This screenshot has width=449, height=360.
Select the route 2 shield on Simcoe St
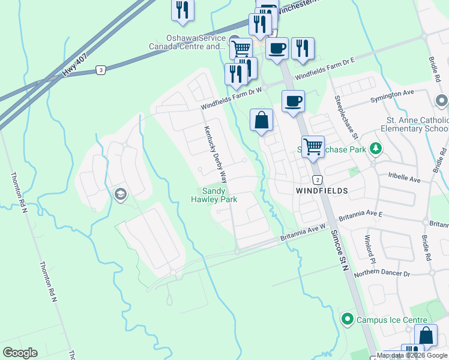[317, 180]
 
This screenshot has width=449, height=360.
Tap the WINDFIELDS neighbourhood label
[322, 190]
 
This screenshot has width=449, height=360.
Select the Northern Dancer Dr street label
[382, 274]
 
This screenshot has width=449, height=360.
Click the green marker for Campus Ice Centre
[347, 319]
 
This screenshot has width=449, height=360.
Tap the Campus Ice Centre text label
[392, 320]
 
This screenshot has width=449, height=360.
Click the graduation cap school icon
[120, 194]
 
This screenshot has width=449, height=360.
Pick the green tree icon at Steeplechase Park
[376, 148]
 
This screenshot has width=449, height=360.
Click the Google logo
[20, 353]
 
